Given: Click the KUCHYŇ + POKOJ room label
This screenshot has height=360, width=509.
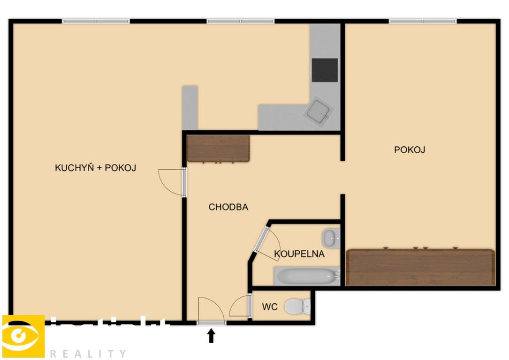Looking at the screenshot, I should pyautogui.click(x=96, y=168).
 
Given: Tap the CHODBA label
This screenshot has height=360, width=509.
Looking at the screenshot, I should pyautogui.click(x=228, y=207).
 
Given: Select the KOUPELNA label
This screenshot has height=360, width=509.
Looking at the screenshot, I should pyautogui.click(x=299, y=254).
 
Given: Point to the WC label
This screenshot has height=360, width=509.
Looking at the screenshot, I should pyautogui.click(x=270, y=307).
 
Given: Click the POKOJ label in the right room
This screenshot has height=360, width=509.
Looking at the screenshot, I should pyautogui.click(x=410, y=150).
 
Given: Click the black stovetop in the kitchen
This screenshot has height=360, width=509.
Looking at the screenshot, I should pyautogui.click(x=325, y=70).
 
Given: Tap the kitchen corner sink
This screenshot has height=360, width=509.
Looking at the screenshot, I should pyautogui.click(x=320, y=111).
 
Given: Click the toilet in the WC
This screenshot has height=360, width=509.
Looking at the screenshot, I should pyautogui.click(x=297, y=307).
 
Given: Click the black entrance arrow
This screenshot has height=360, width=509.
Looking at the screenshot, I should pyautogui.click(x=212, y=335).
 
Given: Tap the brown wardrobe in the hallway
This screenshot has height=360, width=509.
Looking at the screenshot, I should pyautogui.click(x=218, y=148).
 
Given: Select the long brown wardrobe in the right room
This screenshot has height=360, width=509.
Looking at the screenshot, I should pyautogui.click(x=420, y=267).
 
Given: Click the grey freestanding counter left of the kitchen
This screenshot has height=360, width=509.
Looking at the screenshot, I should pyautogui.click(x=190, y=107).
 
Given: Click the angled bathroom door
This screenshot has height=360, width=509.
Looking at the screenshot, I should pyautogui.click(x=266, y=243).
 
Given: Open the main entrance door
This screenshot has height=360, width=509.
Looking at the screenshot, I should pyautogui.click(x=211, y=310).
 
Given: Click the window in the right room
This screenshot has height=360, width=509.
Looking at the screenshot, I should pyautogui.click(x=423, y=21).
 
